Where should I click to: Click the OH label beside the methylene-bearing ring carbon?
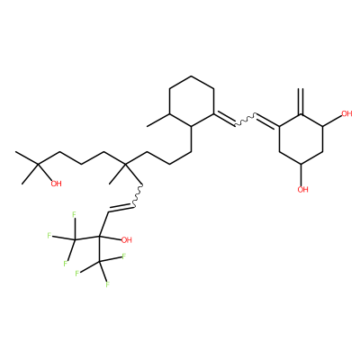(346, 113)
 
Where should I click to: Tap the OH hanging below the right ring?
(302, 189)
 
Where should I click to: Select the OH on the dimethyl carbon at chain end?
(56, 184)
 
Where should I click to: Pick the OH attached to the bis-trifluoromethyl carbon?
(126, 239)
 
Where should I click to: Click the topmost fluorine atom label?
(74, 215)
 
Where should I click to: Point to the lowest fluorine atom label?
(107, 284)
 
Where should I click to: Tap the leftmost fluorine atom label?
(49, 235)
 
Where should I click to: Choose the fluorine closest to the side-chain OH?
(123, 256)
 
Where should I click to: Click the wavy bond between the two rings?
(245, 119)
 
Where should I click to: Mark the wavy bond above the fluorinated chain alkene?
(138, 195)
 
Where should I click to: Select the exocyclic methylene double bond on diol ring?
(301, 102)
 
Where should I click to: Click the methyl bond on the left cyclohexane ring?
(158, 120)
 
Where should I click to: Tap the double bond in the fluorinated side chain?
(120, 209)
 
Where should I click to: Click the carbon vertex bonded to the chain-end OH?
(38, 164)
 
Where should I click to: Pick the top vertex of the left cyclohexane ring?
(192, 76)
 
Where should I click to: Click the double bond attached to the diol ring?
(267, 121)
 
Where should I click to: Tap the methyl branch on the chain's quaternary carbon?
(118, 174)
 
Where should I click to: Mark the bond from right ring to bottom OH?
(301, 175)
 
